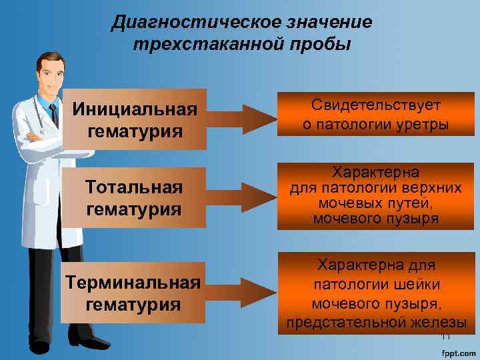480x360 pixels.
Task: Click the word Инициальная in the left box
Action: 135,109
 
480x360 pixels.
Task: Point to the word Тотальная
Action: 134,188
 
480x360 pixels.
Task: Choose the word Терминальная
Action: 134,283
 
